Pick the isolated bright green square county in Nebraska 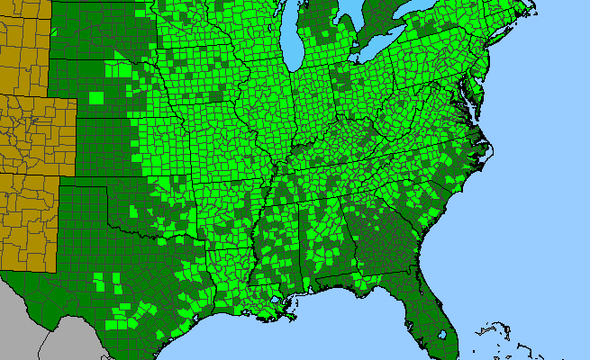(x=96, y=96)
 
